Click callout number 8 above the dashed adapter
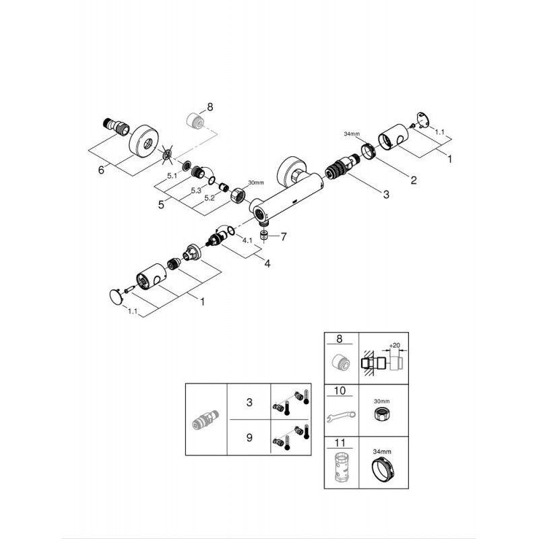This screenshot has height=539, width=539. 210,107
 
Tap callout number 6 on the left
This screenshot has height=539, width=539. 101,170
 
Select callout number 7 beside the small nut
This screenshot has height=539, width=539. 283,236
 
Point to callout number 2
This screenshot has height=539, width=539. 414,180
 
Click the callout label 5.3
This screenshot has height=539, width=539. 196,191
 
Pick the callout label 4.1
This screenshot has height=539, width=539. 247,241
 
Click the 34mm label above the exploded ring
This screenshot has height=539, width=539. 351,133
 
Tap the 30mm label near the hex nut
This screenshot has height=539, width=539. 256,183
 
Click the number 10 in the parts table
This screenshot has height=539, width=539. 340,391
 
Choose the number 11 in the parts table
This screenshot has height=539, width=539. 340,443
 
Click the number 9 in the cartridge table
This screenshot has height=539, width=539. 249,437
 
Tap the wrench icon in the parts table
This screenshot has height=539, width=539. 341,416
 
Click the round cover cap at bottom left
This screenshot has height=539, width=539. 116,296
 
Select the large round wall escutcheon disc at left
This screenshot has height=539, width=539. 143,142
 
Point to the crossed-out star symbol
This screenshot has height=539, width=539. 167,154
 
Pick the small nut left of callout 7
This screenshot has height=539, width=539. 264,235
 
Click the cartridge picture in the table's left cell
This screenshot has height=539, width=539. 205,420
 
